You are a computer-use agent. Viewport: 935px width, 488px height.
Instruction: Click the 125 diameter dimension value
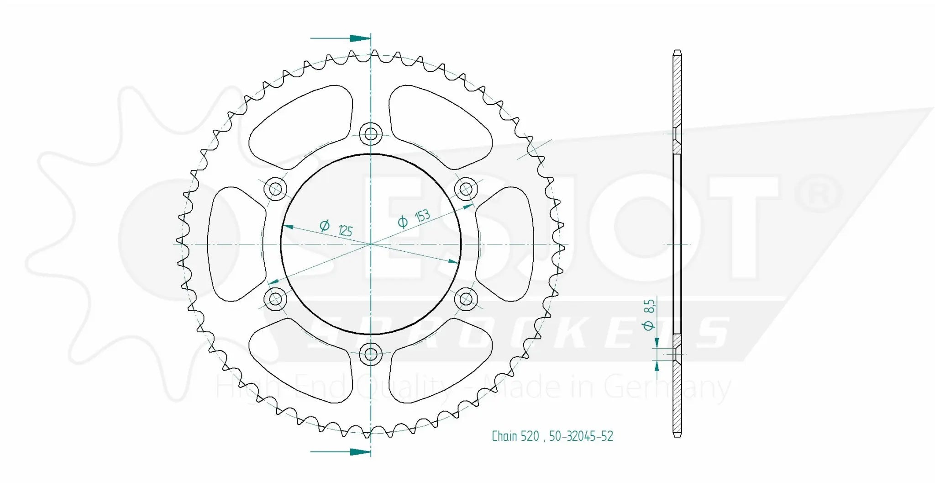[346, 230]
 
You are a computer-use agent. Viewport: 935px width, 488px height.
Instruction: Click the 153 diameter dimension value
[422, 216]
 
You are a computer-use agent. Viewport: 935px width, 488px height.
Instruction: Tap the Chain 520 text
[515, 436]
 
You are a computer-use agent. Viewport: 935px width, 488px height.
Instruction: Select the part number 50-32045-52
[581, 436]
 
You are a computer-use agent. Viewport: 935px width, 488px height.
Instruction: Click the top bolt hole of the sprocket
[371, 134]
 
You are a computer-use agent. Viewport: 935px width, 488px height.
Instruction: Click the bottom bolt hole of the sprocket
[371, 354]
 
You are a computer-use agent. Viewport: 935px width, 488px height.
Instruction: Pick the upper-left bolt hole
[276, 189]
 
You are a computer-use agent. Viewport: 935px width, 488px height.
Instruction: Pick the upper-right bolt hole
[466, 189]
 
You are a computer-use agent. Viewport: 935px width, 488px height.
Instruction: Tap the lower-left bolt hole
[276, 299]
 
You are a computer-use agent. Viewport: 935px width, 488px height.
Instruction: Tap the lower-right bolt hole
[466, 299]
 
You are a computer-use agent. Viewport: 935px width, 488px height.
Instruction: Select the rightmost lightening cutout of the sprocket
[507, 244]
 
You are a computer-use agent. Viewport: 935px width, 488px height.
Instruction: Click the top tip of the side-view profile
[678, 51]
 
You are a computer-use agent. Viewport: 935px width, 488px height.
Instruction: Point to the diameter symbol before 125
[325, 225]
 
